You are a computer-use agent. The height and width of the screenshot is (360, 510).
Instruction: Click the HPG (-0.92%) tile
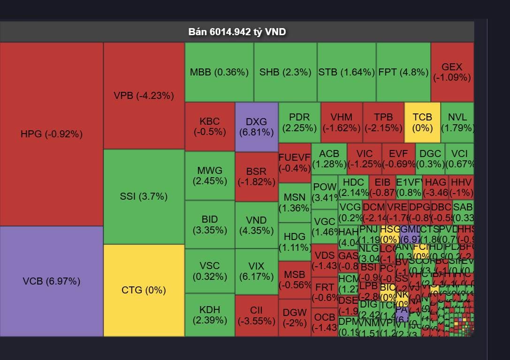[52, 134]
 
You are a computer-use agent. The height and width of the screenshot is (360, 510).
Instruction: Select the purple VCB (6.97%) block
[52, 281]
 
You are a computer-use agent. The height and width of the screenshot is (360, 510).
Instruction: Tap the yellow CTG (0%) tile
[144, 290]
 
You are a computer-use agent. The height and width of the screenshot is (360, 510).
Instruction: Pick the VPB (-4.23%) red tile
[144, 96]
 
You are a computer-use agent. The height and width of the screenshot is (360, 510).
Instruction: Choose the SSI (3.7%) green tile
[144, 196]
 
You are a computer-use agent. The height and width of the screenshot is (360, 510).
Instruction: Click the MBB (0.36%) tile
[219, 72]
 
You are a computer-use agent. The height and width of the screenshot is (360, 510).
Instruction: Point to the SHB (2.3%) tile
[285, 72]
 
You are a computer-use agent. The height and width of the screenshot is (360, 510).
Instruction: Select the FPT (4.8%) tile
[403, 72]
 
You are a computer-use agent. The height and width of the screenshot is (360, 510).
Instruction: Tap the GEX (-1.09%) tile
[452, 72]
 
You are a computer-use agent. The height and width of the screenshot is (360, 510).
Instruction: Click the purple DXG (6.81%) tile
[256, 127]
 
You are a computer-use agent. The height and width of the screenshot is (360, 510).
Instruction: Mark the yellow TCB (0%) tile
[422, 122]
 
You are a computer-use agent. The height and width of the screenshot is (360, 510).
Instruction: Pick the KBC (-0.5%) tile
[210, 127]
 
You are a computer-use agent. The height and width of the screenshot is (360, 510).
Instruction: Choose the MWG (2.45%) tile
[210, 175]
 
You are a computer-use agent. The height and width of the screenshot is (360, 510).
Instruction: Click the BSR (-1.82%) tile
[256, 176]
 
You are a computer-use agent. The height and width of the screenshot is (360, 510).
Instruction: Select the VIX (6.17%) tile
[256, 271]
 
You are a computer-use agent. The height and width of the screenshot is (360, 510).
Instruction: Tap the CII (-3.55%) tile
[256, 315]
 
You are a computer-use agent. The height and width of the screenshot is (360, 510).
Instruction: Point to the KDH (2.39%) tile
[210, 315]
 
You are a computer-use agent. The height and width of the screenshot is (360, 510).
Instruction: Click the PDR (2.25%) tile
[299, 122]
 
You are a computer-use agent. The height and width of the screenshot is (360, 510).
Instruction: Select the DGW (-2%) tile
[295, 318]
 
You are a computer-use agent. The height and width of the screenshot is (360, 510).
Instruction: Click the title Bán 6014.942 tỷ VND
[237, 32]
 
